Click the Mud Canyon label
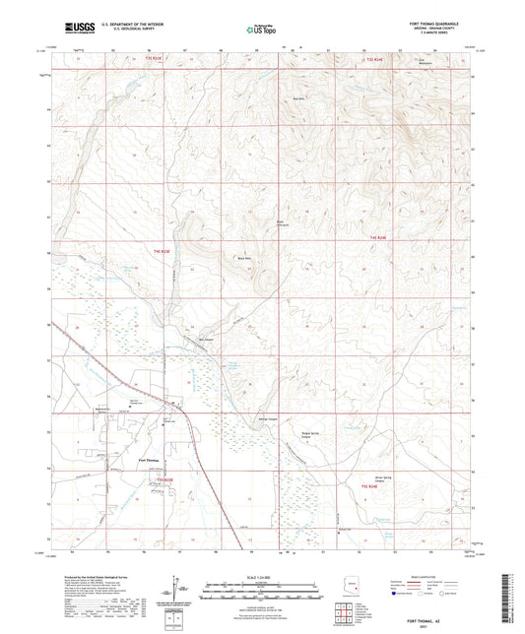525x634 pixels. point(206,341)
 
